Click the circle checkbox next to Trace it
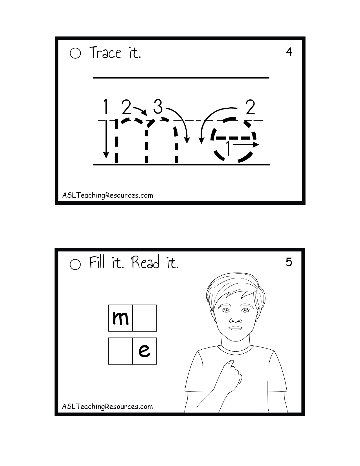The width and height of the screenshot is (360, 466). point(75,53)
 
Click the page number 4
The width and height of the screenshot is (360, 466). point(289,52)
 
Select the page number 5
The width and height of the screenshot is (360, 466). point(289,262)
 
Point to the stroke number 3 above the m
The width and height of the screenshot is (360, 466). point(158,106)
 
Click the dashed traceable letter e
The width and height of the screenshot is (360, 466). point(233,140)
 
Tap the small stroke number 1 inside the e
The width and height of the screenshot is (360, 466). point(228,148)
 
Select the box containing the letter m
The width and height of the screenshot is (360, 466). point(120,318)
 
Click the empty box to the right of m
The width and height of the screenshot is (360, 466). point(144,318)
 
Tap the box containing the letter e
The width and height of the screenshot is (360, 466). point(144,351)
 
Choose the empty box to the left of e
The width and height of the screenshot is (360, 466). point(120,351)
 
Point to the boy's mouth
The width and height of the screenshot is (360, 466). point(235,328)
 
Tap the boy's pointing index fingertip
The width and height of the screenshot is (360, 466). point(231,362)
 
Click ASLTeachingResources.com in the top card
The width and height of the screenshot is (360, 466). point(107,195)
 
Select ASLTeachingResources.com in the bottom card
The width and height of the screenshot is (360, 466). point(107,407)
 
